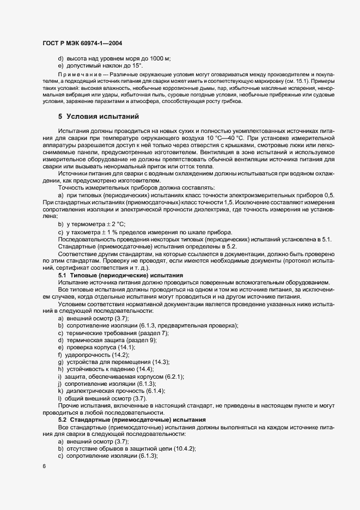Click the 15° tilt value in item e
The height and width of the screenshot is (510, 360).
pyautogui.click(x=134, y=65)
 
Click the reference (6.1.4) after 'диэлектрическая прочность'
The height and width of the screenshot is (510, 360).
pyautogui.click(x=153, y=391)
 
